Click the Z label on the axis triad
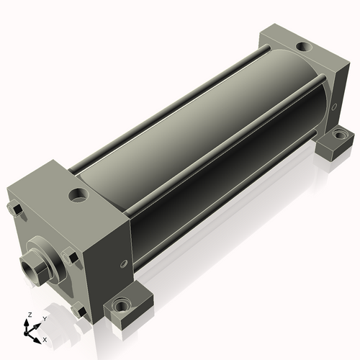pos(30,315)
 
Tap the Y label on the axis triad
pos(45,319)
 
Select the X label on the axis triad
pos(45,340)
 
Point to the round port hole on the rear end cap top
pos(304,46)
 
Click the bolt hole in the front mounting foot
pos(122,306)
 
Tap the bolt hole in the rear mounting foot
pos(340,135)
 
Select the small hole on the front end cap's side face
pos(124,264)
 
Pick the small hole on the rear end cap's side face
pos(334,107)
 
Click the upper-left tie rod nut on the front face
pos(16,210)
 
